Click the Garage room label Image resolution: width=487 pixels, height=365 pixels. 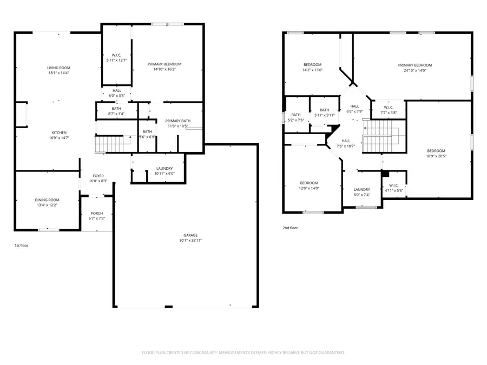[190, 235]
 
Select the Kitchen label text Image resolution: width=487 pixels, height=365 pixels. [59, 132]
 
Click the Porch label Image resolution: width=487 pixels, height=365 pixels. [96, 214]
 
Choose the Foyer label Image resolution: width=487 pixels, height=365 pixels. [98, 176]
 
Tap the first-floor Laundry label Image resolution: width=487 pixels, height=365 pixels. [164, 169]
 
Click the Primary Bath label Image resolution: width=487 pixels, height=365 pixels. [177, 121]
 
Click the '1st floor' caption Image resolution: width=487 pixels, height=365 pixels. [21, 245]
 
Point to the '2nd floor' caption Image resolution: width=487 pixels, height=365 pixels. [290, 228]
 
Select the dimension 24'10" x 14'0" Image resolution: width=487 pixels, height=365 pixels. [415, 70]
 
